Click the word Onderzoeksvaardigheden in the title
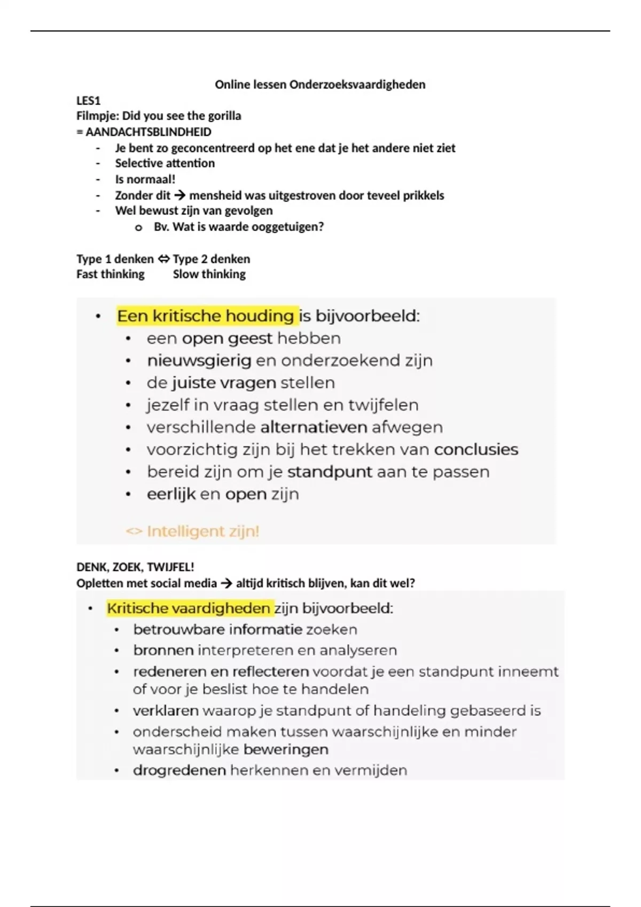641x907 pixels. pyautogui.click(x=357, y=84)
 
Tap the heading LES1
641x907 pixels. pyautogui.click(x=88, y=100)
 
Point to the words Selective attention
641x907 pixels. pyautogui.click(x=165, y=163)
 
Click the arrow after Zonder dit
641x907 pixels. pyautogui.click(x=179, y=195)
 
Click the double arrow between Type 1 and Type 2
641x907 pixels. pyautogui.click(x=163, y=259)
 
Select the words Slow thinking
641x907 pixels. pyautogui.click(x=209, y=274)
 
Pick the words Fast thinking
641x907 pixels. pyautogui.click(x=110, y=274)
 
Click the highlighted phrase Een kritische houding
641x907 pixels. pyautogui.click(x=206, y=316)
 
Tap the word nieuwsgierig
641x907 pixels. pyautogui.click(x=199, y=361)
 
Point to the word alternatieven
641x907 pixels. pyautogui.click(x=314, y=427)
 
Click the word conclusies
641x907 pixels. pyautogui.click(x=476, y=450)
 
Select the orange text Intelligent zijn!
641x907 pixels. pyautogui.click(x=202, y=531)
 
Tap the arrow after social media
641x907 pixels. pyautogui.click(x=226, y=583)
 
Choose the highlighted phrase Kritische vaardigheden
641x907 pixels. pyautogui.click(x=189, y=608)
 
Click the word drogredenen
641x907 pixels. pyautogui.click(x=179, y=770)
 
